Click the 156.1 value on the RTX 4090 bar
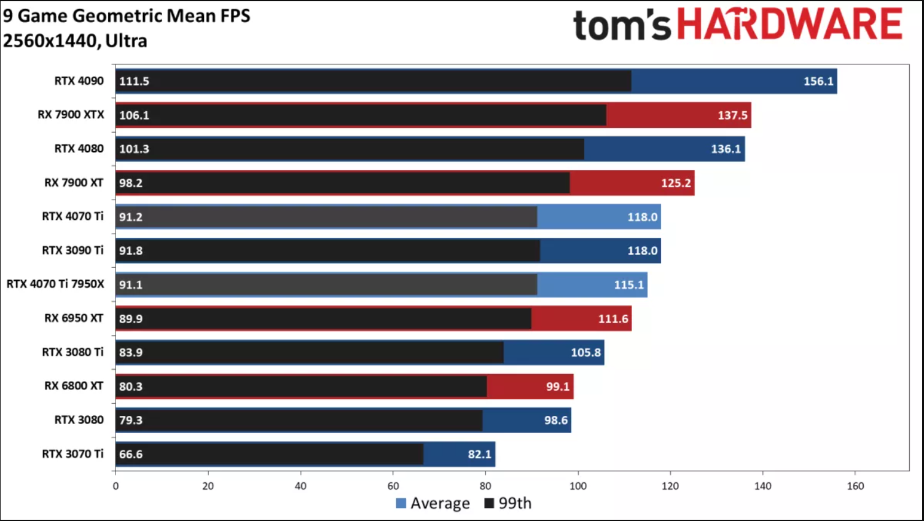[818, 81]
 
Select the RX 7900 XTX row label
[71, 114]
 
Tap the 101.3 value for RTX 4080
[134, 149]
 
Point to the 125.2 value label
[676, 183]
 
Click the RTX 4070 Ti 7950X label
[55, 284]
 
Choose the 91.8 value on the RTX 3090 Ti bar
[131, 251]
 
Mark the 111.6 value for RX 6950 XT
[613, 319]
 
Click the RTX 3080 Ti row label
[72, 352]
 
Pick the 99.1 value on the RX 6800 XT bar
[558, 386]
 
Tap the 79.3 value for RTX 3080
[131, 420]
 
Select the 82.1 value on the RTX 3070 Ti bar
[480, 454]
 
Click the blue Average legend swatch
[401, 503]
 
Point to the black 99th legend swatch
[490, 503]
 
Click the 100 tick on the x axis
[578, 486]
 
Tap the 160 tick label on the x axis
[855, 486]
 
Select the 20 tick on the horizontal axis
[208, 486]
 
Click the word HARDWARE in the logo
[790, 25]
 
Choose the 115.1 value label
[629, 285]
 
